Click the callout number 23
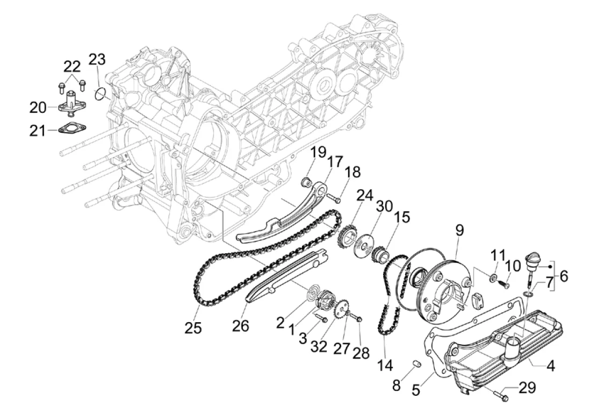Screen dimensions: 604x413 [x=97, y=60]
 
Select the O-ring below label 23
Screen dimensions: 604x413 [x=100, y=94]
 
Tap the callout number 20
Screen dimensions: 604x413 [x=38, y=108]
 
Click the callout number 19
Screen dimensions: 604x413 [x=318, y=152]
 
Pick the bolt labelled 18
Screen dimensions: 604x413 [x=334, y=199]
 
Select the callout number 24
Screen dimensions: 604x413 [x=364, y=196]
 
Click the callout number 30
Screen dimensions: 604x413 [x=384, y=206]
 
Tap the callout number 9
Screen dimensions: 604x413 [x=459, y=231]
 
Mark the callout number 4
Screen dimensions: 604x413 [x=551, y=366]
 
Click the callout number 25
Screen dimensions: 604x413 [x=193, y=328]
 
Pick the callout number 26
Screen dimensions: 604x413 [x=241, y=326]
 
